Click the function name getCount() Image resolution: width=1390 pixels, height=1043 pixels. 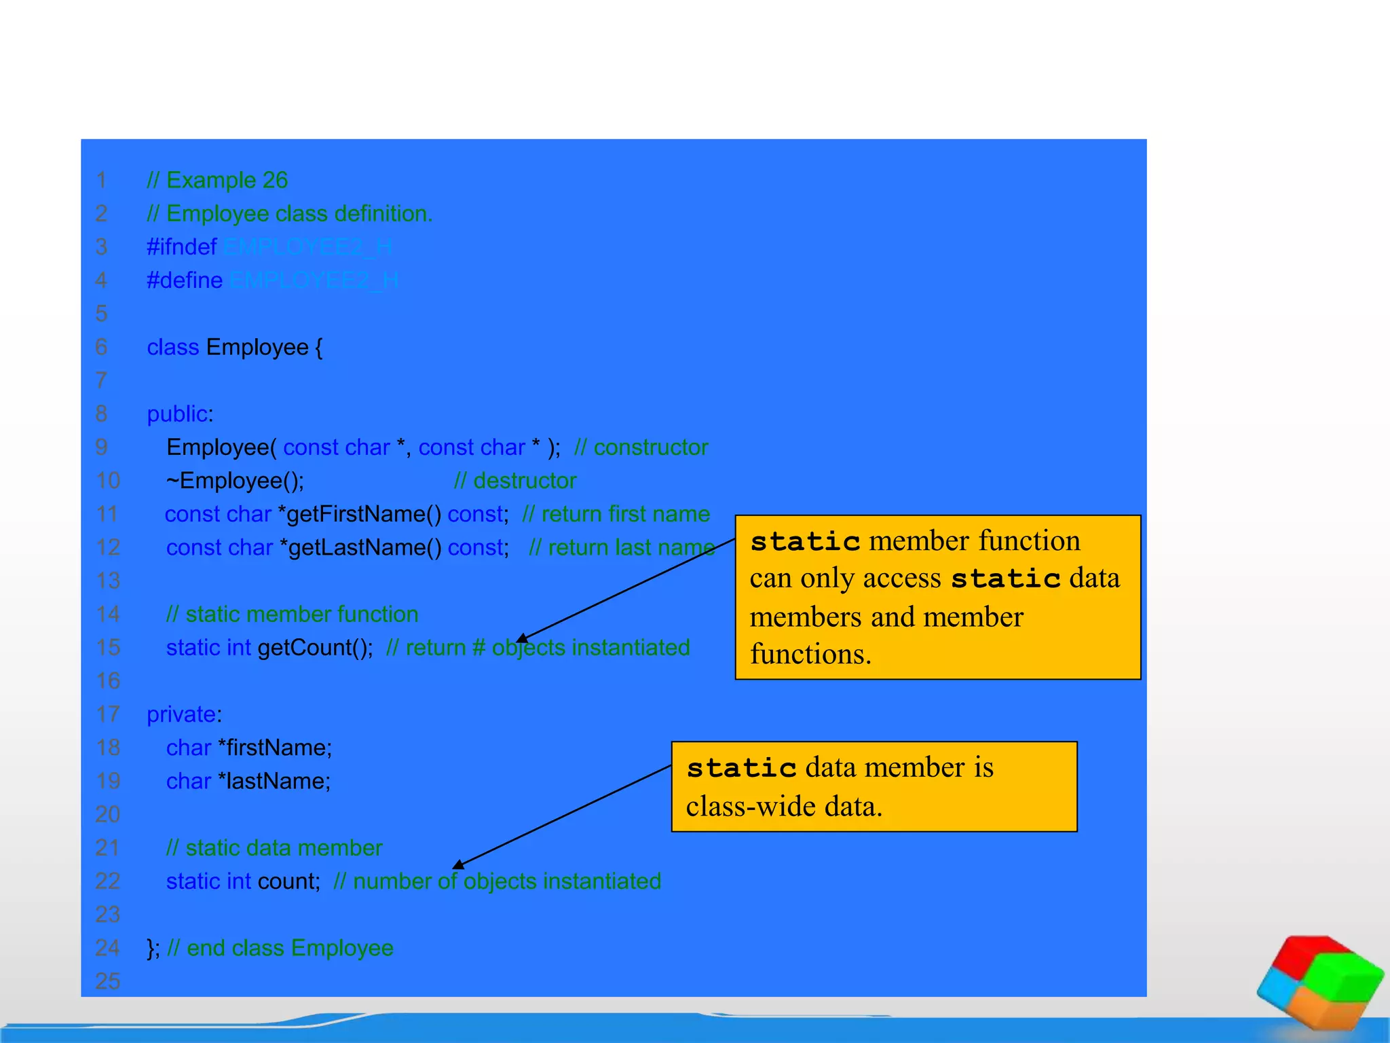coord(315,648)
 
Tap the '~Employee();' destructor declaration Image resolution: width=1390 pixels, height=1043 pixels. coord(236,481)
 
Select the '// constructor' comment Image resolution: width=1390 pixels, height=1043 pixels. coord(641,447)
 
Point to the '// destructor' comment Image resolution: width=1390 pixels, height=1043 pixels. coord(515,481)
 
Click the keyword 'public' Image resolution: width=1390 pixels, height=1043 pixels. coord(177,414)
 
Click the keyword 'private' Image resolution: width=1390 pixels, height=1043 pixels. coord(181,714)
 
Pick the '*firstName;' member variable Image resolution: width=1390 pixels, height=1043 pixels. coord(275,748)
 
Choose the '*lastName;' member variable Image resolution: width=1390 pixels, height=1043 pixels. coord(274,782)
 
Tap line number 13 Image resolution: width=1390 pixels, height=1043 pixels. coord(108,581)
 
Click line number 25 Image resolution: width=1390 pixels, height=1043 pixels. coord(108,981)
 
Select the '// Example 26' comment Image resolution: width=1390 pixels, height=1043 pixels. coord(217,181)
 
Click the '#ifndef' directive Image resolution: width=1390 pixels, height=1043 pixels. coord(182,247)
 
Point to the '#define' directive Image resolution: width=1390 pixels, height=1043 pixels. coord(185,280)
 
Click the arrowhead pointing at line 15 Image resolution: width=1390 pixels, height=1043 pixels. coord(522,638)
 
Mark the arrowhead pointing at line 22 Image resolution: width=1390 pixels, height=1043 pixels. coord(459,864)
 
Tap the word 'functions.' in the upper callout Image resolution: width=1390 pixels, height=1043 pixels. coord(810,655)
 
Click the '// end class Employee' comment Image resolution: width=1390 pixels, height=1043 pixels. coord(280,948)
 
